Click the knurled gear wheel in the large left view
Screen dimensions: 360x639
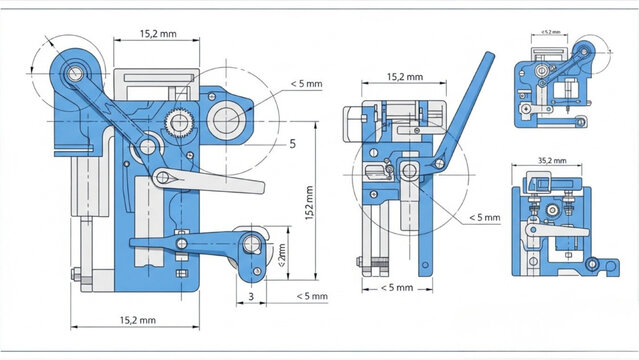[x=181, y=123]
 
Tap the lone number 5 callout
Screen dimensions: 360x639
[x=292, y=144]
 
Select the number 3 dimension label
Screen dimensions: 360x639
[x=249, y=296]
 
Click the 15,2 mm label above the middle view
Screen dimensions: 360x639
[x=404, y=76]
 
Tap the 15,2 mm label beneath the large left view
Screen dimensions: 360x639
[x=137, y=320]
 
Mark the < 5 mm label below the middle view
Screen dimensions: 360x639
[x=396, y=288]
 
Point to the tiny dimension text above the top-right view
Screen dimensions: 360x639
[x=551, y=33]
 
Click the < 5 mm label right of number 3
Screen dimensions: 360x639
[x=311, y=296]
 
